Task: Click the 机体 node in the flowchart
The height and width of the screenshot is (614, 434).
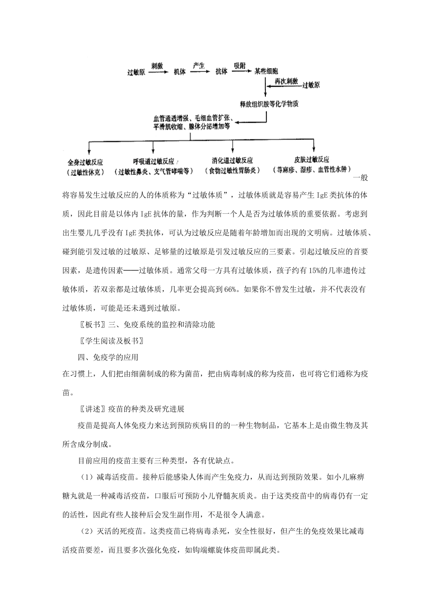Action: click(180, 72)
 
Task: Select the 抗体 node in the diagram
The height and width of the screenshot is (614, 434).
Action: click(221, 72)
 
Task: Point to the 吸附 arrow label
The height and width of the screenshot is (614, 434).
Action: click(240, 65)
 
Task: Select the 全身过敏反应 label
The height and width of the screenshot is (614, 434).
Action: click(85, 162)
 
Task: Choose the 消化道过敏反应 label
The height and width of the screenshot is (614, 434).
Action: click(233, 161)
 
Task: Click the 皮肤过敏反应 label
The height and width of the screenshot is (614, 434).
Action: click(312, 160)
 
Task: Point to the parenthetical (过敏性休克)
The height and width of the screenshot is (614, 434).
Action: click(85, 172)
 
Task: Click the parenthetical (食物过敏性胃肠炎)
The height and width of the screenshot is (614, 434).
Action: click(233, 171)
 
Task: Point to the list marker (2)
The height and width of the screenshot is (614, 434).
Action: click(87, 532)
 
